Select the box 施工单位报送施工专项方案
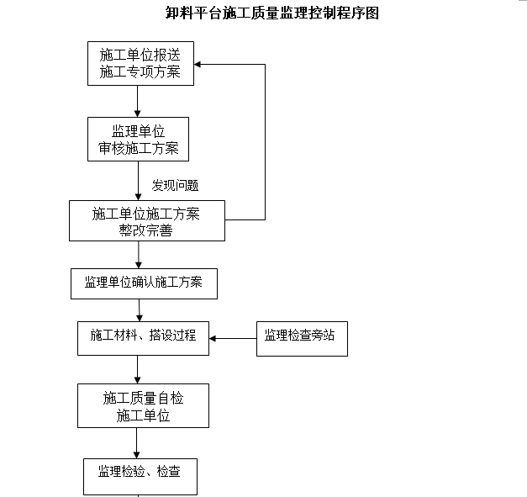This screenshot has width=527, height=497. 140,64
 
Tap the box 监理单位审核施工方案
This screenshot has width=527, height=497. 138,140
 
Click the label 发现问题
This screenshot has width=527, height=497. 175,185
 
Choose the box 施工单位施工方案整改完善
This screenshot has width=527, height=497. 146,221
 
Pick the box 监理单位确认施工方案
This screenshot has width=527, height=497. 143,283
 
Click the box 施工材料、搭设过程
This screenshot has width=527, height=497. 143,336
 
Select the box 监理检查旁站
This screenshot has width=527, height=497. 301,336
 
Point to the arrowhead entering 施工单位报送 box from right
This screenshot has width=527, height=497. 199,64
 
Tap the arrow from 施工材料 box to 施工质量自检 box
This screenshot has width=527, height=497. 138,369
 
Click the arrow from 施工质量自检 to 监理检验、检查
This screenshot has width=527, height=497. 137,443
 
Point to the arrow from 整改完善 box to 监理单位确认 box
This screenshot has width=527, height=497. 139,254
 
